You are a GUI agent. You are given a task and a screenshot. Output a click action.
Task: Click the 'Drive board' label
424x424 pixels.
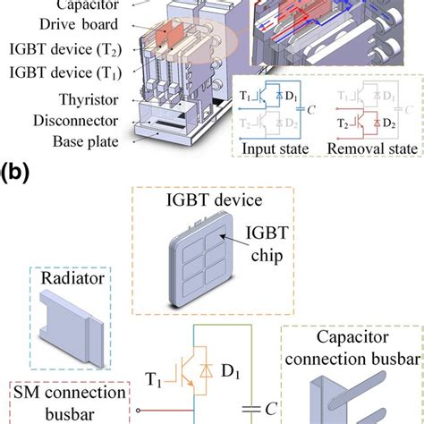[x=62, y=28]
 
